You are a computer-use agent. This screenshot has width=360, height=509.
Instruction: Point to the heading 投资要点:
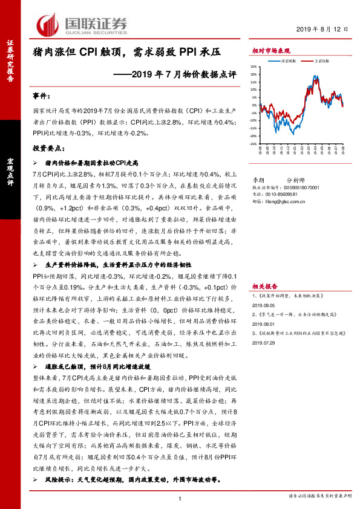pos(48,148)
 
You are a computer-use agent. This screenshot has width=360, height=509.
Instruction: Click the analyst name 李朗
pos(258,180)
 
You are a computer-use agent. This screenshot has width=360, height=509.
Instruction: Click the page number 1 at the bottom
pos(180,498)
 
